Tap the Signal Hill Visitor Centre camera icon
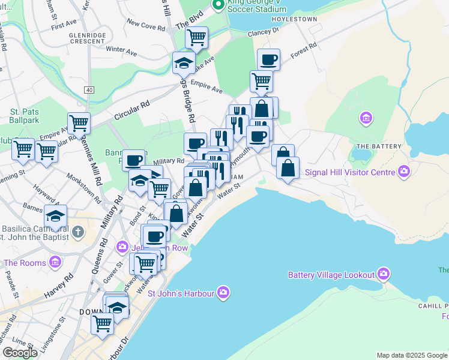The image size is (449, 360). (x=404, y=172)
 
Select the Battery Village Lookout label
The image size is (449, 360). (x=331, y=275)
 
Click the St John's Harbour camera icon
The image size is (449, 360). (x=223, y=292)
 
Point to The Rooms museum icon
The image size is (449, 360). (x=56, y=262)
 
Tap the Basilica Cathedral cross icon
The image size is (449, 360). (x=77, y=231)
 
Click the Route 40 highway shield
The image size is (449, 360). (x=89, y=90)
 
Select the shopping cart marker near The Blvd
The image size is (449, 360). (x=196, y=37)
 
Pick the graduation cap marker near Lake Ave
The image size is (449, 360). (x=183, y=62)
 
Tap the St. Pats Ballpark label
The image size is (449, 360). (x=23, y=115)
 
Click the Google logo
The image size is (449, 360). (x=20, y=353)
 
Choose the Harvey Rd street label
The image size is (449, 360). (x=58, y=285)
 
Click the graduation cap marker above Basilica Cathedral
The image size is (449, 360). (x=55, y=215)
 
